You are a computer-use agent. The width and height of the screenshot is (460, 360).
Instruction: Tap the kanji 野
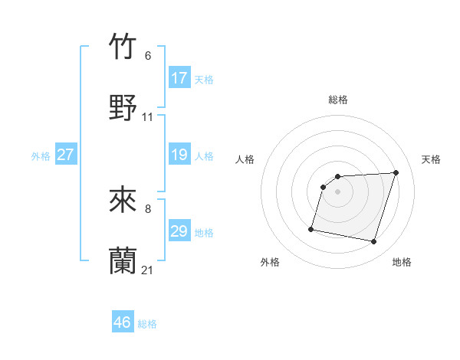click(123, 106)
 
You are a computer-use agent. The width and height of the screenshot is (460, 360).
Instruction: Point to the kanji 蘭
click(123, 260)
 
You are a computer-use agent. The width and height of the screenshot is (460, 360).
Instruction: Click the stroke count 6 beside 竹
click(148, 56)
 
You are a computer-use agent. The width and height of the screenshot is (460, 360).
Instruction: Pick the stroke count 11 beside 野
click(148, 117)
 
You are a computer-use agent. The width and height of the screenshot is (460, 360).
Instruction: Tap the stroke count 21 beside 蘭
click(148, 270)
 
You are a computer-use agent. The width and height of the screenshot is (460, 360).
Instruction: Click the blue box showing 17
click(179, 78)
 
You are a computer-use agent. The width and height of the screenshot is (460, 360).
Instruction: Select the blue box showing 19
click(179, 155)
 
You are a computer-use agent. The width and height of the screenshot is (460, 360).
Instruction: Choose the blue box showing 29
click(179, 231)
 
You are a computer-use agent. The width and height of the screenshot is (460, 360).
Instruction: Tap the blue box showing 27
click(66, 155)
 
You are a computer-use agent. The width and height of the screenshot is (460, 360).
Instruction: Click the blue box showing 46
click(123, 322)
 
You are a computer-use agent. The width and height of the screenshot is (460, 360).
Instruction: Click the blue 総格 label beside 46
click(147, 324)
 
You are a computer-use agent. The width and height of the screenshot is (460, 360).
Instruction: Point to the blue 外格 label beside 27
click(41, 156)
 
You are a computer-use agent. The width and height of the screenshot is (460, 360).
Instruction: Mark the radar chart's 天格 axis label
click(431, 159)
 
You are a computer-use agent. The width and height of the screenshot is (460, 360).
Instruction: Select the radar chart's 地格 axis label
click(402, 262)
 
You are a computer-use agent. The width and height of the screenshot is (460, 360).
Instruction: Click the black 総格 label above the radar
click(338, 100)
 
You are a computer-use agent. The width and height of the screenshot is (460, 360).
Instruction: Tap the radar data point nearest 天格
click(396, 172)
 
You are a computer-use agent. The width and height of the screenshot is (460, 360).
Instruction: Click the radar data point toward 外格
click(311, 228)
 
